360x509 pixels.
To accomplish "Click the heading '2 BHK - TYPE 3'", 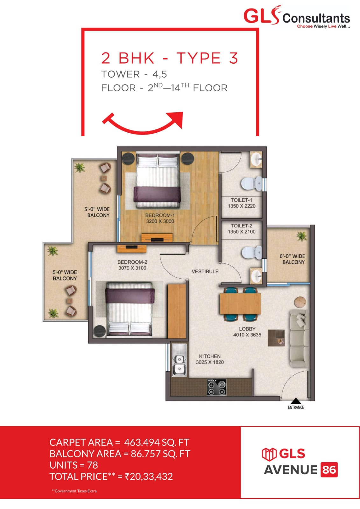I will tap(169, 58).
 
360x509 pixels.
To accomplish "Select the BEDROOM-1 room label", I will tap(160, 215).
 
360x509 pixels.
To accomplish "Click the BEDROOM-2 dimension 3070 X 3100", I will tap(132, 268).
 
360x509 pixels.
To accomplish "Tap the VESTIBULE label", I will tap(205, 271).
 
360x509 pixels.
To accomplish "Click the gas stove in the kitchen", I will tap(217, 387).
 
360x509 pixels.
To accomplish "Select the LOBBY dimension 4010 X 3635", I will tap(247, 335).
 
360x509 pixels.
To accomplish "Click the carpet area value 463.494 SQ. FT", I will tap(156, 442).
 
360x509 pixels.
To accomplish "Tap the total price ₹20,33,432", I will tap(149, 476).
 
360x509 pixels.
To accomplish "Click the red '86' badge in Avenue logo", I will tap(329, 470).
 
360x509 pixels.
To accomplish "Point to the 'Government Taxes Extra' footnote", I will tap(74, 491).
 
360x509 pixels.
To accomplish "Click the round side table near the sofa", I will tap(300, 302).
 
